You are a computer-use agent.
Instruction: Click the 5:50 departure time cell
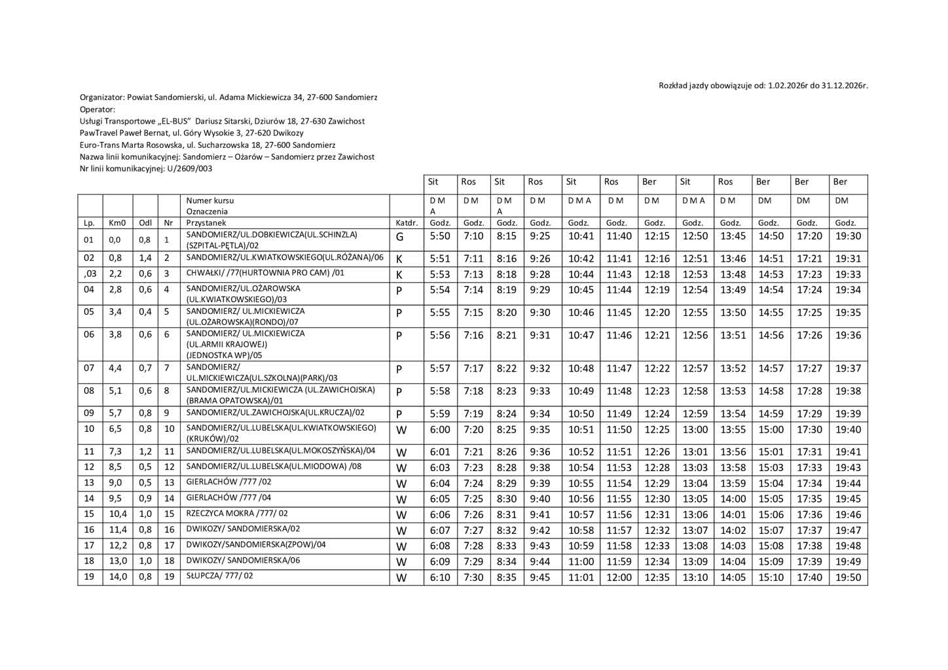coord(440,236)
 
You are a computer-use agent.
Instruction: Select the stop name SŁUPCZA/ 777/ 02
coord(219,576)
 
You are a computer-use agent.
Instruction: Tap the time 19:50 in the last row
coord(848,578)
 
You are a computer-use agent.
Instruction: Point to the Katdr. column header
coord(407,223)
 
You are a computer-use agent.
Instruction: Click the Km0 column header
coord(117,223)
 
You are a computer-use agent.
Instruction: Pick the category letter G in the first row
coord(399,237)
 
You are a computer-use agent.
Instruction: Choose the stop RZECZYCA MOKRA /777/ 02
coord(237,514)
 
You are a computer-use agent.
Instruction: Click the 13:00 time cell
coord(695,430)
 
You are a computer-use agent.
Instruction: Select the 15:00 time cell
coord(771,430)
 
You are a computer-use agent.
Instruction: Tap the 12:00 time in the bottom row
coord(619,578)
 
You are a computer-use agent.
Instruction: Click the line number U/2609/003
coord(190,169)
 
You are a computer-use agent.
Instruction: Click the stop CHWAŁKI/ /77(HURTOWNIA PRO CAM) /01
coord(265,273)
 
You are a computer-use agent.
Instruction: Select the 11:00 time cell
coord(581,562)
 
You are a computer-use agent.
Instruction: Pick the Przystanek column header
coord(206,223)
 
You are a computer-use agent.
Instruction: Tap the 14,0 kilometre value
coord(118,578)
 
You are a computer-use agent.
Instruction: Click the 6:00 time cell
coord(440,430)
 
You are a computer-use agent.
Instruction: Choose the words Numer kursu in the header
coord(210,201)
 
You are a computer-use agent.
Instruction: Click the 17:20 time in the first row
coord(809,236)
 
